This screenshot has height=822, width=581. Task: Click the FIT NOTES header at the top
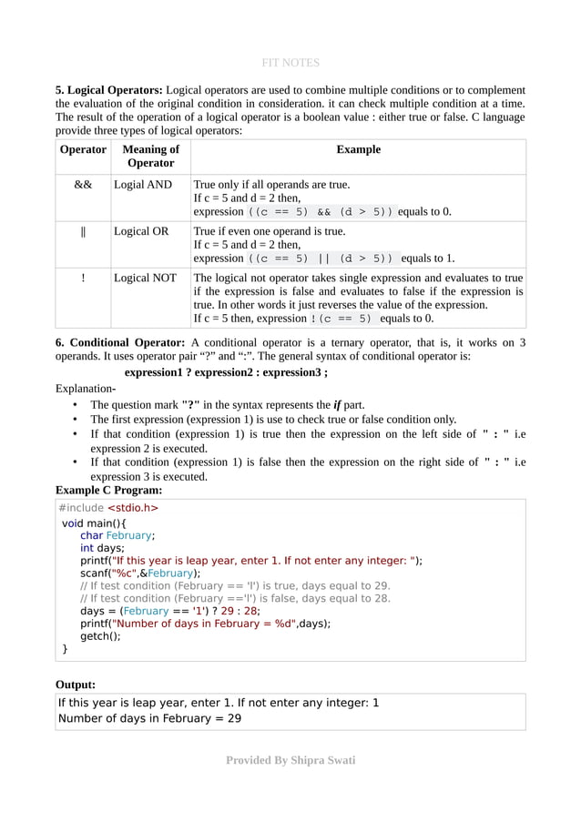(x=290, y=63)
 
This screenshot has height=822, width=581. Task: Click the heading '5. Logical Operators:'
(x=109, y=90)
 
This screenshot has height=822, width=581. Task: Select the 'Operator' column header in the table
(x=83, y=149)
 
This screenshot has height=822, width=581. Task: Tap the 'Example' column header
(x=358, y=149)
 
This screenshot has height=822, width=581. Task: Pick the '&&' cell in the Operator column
(x=83, y=184)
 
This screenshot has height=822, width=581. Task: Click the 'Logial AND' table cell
(x=143, y=184)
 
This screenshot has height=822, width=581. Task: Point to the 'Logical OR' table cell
(x=141, y=231)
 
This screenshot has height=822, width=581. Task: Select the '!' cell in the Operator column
(x=83, y=279)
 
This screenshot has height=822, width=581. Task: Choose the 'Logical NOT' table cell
(x=145, y=279)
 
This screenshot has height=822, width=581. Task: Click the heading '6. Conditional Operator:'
(x=120, y=341)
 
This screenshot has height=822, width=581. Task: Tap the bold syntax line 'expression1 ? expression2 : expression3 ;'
(x=226, y=372)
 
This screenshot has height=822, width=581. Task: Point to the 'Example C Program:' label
(x=108, y=489)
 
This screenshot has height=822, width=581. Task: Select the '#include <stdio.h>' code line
(x=107, y=508)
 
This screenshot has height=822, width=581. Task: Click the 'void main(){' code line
(x=94, y=523)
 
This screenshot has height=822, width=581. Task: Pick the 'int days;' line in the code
(x=102, y=548)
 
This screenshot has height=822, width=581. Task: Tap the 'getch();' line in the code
(x=100, y=636)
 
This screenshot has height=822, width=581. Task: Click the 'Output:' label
(x=76, y=684)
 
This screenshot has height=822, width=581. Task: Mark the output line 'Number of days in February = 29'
(x=149, y=718)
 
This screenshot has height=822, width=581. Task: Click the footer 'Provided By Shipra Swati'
(x=290, y=759)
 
